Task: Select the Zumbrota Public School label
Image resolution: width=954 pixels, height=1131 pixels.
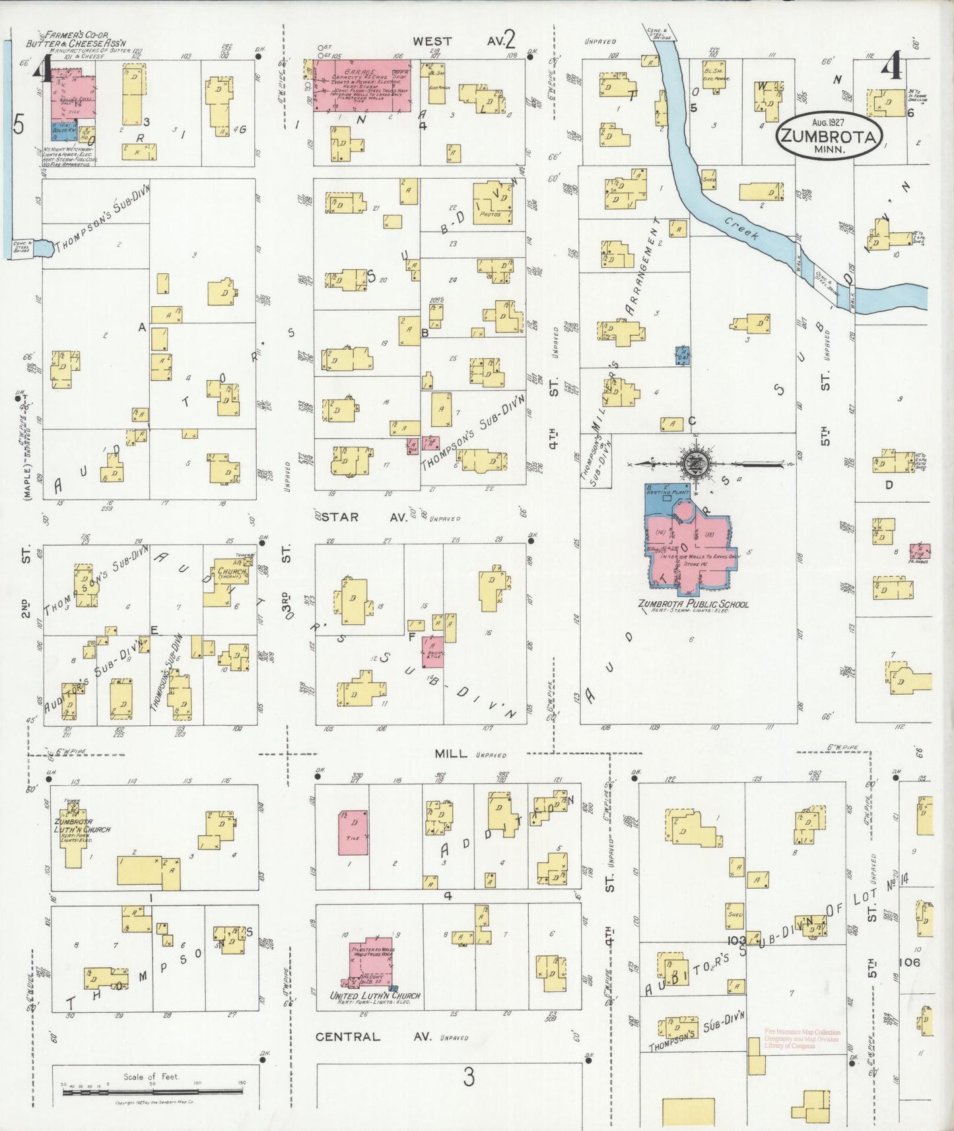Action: (x=693, y=604)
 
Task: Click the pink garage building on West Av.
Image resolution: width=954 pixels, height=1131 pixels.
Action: (x=362, y=86)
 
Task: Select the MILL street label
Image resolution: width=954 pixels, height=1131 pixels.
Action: (x=451, y=754)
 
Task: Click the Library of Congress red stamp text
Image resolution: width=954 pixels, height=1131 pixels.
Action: (x=803, y=1039)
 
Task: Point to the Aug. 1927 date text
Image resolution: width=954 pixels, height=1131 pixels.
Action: (x=829, y=122)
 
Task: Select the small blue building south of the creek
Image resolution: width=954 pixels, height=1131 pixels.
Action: (x=683, y=355)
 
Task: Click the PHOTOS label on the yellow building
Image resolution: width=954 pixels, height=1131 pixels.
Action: (x=491, y=214)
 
